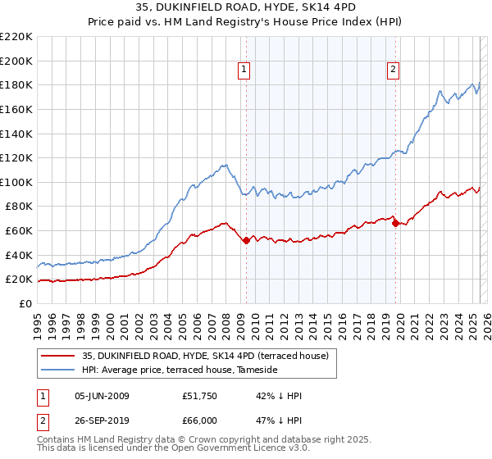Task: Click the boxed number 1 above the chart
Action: point(244,70)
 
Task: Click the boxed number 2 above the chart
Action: point(394,70)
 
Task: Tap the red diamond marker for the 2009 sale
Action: point(246,240)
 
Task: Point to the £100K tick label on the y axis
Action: point(16,182)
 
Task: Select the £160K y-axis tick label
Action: point(16,109)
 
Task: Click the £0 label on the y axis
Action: point(25,303)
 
